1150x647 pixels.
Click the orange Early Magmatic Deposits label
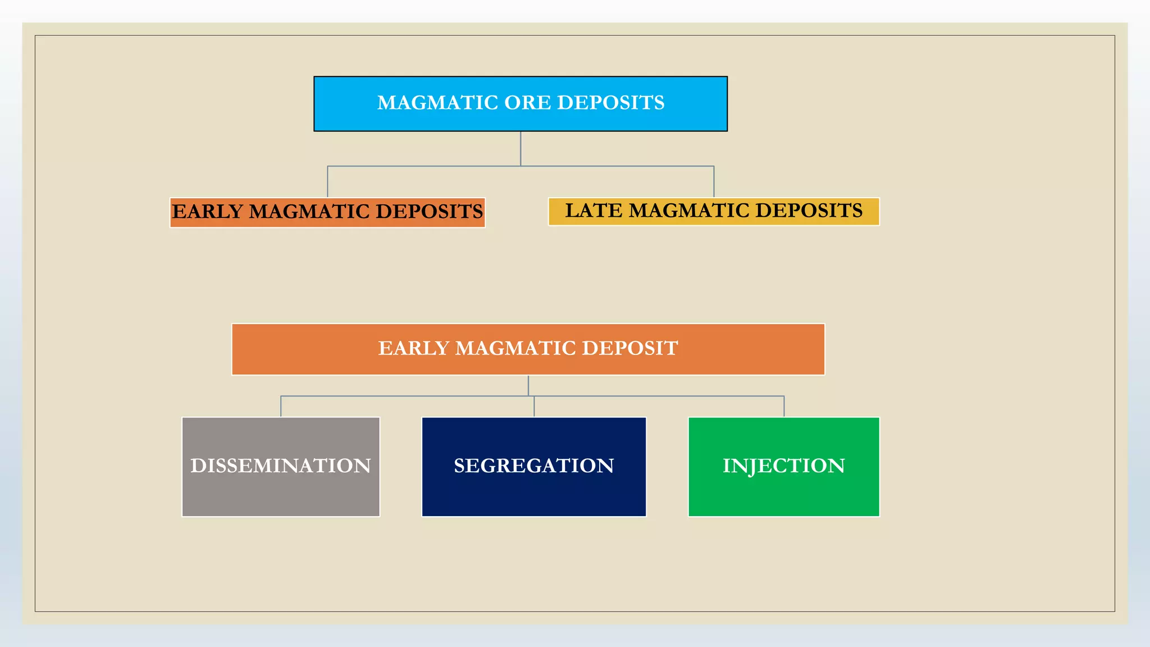click(x=327, y=213)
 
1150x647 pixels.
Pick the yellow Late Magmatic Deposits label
click(x=714, y=212)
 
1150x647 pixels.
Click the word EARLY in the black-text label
click(x=207, y=212)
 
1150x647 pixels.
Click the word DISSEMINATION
click(x=281, y=466)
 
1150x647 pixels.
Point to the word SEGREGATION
click(x=533, y=466)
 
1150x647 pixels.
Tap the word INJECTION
click(x=783, y=466)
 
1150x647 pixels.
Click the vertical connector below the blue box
click(x=521, y=148)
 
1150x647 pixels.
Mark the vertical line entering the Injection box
click(x=784, y=407)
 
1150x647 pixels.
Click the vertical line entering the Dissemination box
click(x=281, y=407)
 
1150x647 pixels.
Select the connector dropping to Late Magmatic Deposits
click(x=714, y=181)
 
